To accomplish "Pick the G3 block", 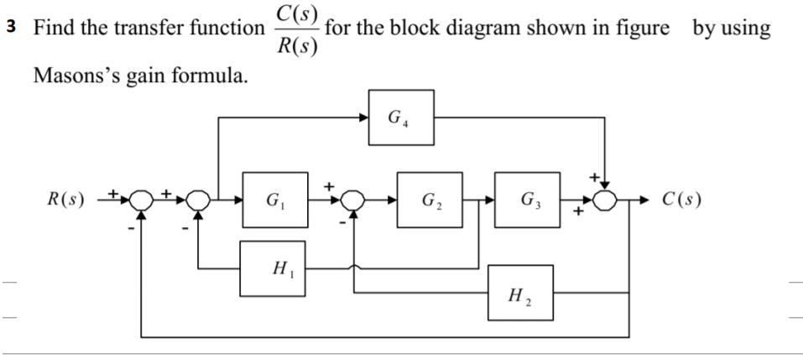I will click(x=524, y=201).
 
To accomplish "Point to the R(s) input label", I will click(x=64, y=201).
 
